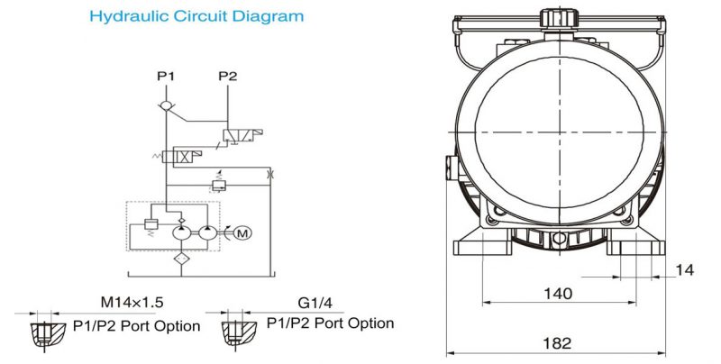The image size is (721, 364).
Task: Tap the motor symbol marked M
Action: tap(241, 233)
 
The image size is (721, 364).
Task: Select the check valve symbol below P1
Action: tap(165, 106)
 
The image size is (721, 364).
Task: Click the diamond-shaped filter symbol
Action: tap(179, 259)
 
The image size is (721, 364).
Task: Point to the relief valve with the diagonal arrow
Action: tap(217, 185)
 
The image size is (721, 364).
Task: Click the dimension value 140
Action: tap(559, 293)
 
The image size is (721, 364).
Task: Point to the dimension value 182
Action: tap(559, 344)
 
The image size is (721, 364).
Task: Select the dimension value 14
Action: tap(687, 268)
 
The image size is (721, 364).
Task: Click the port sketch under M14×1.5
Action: tap(41, 332)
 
